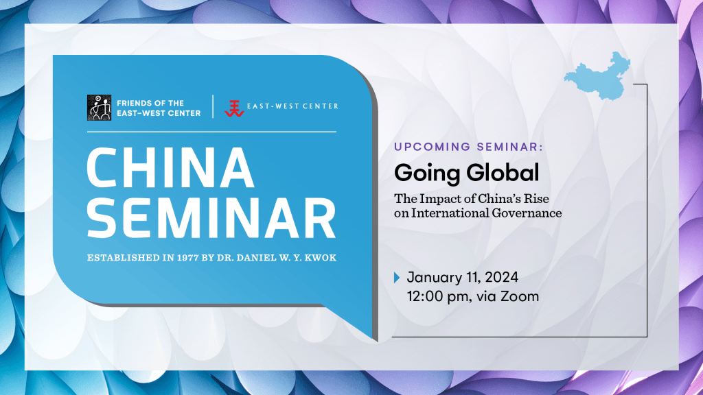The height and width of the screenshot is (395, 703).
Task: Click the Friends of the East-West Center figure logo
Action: pos(99,108)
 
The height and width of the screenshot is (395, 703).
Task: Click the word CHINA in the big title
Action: pos(170,167)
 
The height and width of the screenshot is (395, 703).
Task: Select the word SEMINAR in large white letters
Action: pos(211,219)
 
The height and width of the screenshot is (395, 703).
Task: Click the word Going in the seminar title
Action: pos(427,173)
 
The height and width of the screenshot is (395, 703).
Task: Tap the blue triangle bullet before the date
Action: pos(397,278)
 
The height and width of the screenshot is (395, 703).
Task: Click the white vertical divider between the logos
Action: pos(213,106)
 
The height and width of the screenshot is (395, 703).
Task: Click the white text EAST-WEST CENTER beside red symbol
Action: pos(292,106)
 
